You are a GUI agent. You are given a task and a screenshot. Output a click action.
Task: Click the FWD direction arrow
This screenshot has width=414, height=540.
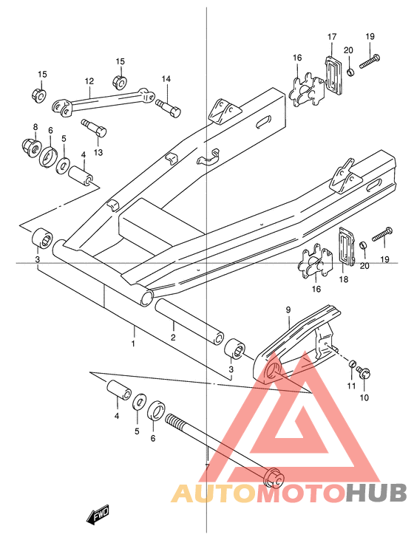[x=98, y=514]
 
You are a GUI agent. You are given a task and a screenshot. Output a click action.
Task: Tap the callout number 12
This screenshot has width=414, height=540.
[x=89, y=81]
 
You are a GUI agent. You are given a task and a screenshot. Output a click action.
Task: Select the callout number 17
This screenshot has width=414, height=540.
[x=332, y=36]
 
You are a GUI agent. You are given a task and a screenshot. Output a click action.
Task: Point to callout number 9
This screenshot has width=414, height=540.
[x=288, y=310]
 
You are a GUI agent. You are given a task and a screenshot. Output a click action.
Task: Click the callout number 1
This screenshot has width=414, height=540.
[x=133, y=344]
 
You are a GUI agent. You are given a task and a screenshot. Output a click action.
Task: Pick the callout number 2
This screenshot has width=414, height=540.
[x=173, y=337]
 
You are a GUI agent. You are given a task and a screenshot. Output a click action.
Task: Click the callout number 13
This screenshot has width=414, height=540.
[x=98, y=152]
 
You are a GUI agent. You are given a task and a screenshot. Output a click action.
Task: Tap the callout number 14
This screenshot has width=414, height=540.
[x=166, y=79]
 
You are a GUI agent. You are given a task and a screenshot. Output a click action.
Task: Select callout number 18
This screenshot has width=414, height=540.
[x=344, y=279]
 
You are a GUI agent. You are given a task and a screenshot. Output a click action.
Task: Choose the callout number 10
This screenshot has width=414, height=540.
[x=364, y=397]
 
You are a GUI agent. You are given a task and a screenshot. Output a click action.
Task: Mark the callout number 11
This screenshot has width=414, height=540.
[x=351, y=386]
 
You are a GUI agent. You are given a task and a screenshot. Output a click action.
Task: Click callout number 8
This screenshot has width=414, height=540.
[x=35, y=127]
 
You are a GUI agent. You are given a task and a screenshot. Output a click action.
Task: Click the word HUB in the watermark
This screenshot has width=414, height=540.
[x=376, y=493]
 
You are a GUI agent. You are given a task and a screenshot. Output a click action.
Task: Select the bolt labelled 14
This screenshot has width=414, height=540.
[x=169, y=107]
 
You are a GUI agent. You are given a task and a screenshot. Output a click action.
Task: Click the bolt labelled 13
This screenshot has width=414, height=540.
[x=94, y=128]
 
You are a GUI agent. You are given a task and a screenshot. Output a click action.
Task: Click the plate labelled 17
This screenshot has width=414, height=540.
[x=334, y=75]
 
